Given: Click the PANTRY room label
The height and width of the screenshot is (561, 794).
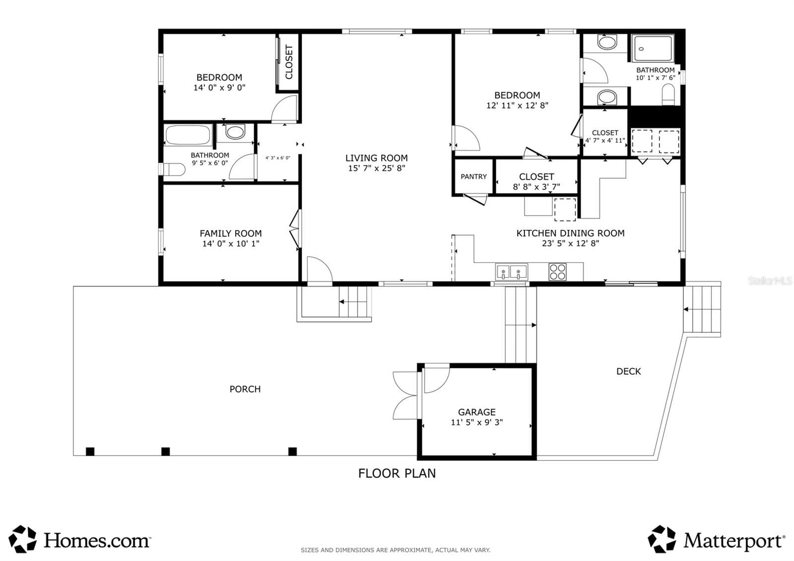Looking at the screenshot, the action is point(473,177).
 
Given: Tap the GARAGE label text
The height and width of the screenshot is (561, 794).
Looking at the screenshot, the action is point(477,412).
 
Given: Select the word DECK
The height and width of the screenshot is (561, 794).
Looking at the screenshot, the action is point(628,371).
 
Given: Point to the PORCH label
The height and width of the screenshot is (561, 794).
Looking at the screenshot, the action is point(245,389).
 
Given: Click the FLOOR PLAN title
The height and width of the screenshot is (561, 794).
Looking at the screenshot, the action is point(397,474).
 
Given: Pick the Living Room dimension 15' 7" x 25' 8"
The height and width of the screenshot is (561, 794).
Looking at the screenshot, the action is point(377,168).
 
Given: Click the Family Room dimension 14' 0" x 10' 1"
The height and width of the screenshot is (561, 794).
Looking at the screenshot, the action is point(231,244).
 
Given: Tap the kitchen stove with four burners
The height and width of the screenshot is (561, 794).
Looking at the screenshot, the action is point(557,272).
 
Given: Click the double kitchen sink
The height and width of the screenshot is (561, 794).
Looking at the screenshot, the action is point(511,273).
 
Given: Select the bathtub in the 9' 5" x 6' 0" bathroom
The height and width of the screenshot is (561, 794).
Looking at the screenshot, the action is point(188,135).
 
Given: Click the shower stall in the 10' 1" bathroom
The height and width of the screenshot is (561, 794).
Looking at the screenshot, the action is point(653,49).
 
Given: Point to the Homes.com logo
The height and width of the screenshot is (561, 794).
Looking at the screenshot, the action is point(80,539).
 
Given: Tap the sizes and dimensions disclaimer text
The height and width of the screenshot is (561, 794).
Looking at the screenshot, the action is point(396,550).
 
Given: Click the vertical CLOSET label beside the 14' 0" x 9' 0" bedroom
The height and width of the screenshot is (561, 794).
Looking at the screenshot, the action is point(289,62).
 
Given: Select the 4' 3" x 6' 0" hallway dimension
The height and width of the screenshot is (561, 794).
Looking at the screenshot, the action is point(278,158).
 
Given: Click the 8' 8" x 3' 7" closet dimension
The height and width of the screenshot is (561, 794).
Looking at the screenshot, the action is point(536,187).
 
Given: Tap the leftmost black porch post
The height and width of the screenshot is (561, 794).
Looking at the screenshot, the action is point(90,451).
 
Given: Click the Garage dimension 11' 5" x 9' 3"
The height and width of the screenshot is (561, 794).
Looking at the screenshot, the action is point(477,422).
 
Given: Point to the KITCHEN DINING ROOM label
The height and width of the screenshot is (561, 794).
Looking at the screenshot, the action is point(570,233).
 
